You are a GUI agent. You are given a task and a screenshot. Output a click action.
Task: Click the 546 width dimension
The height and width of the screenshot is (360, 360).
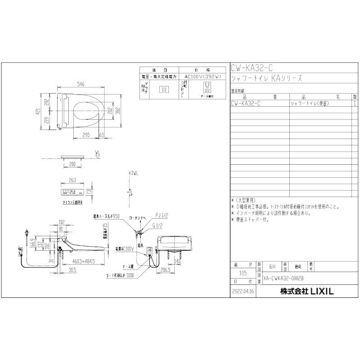click(81, 84)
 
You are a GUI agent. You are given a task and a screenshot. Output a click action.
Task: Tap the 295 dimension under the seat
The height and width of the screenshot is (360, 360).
click(86, 135)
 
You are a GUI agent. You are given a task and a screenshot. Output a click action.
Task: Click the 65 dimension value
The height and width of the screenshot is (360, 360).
click(103, 135)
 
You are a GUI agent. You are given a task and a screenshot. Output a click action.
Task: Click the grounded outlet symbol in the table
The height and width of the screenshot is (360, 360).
click(207, 87)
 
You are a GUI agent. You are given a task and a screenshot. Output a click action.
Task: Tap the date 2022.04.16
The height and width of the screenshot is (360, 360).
click(243, 292)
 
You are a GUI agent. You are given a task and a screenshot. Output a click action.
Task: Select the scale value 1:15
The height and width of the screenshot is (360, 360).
click(243, 273)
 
